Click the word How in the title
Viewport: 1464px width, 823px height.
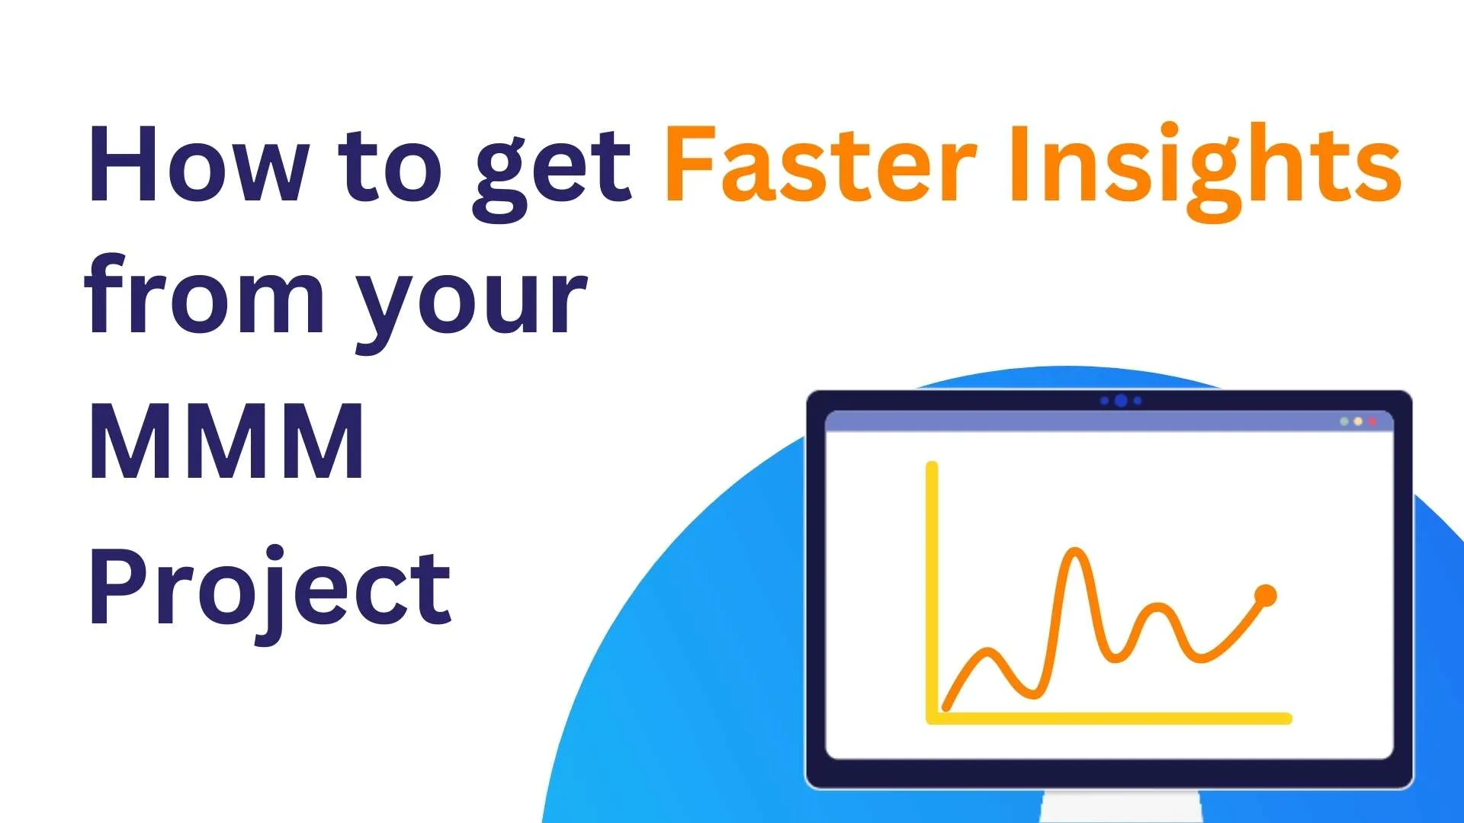pyautogui.click(x=198, y=164)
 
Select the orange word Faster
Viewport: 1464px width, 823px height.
pyautogui.click(x=820, y=164)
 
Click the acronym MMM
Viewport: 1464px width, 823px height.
pyautogui.click(x=226, y=441)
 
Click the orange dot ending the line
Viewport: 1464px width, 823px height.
pyautogui.click(x=1265, y=595)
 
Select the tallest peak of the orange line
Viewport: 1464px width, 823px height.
pyautogui.click(x=1076, y=549)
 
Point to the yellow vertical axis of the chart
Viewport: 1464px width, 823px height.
pyautogui.click(x=932, y=591)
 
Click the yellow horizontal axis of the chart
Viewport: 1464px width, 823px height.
pyautogui.click(x=1109, y=718)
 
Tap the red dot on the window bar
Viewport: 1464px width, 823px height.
pyautogui.click(x=1372, y=421)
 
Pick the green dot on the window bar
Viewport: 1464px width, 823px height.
pyautogui.click(x=1344, y=421)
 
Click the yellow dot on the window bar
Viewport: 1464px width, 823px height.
pyautogui.click(x=1358, y=421)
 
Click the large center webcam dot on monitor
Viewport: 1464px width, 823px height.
pyautogui.click(x=1121, y=401)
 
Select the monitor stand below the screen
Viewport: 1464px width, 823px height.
pyautogui.click(x=1121, y=807)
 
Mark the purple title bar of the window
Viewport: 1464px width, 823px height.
pyautogui.click(x=1109, y=421)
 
